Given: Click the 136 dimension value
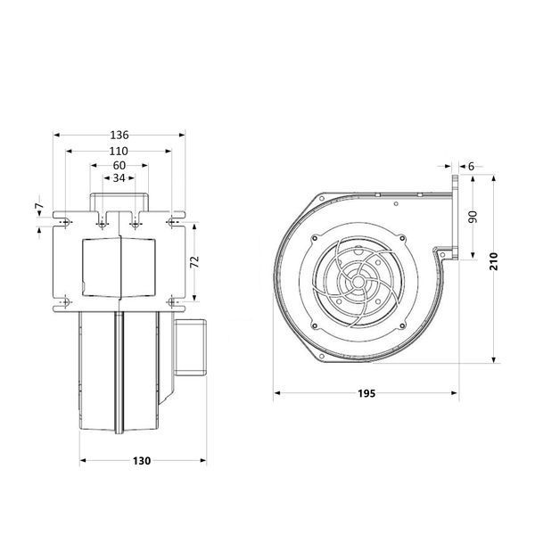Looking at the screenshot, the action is (x=119, y=136).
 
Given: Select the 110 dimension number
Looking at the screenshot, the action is (x=119, y=152).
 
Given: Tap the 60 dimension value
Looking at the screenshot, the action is (x=119, y=166).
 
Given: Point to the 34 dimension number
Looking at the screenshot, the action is (x=119, y=177).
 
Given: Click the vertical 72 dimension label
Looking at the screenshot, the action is (x=194, y=262).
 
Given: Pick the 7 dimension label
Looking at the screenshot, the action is (x=39, y=206).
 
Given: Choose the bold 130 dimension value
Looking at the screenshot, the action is (x=142, y=461).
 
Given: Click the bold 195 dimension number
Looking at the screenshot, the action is (x=366, y=393).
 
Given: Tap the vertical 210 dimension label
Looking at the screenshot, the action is (x=494, y=261).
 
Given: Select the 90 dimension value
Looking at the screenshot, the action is (x=473, y=217).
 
